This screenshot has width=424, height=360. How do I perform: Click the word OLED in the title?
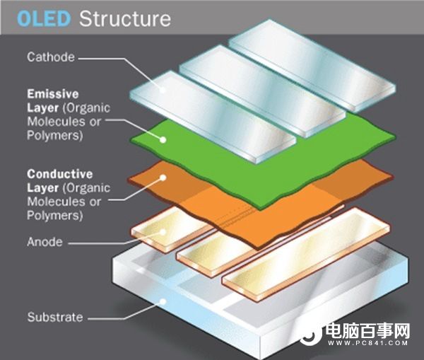coord(45,18)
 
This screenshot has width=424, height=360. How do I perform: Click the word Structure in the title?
coord(125,18)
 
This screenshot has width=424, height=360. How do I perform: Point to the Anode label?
coord(44,242)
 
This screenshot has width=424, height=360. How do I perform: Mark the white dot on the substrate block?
coord(164,301)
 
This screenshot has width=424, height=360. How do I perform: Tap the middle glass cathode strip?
coord(261,92)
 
